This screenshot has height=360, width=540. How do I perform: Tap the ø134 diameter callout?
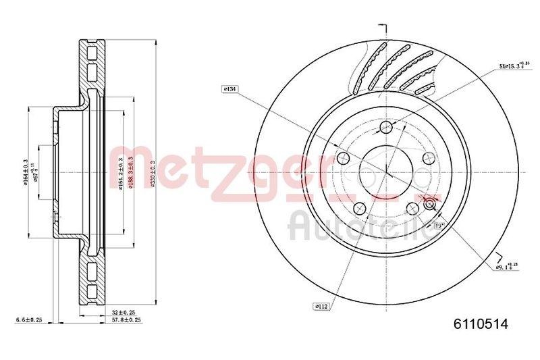230,89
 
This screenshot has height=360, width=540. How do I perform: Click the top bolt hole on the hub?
385,128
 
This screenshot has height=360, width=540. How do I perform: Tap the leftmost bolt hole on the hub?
342,159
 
